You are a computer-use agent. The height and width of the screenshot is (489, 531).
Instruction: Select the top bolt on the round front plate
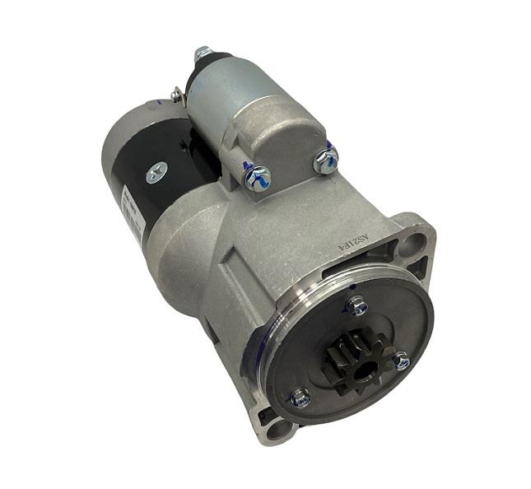pyautogui.click(x=356, y=306)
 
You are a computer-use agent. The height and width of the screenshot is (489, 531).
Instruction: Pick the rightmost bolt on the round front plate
pyautogui.click(x=401, y=360)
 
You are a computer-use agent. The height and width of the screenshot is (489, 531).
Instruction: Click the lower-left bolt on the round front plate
pyautogui.click(x=300, y=397)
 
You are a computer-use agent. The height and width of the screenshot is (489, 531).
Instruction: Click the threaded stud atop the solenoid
pyautogui.click(x=202, y=54)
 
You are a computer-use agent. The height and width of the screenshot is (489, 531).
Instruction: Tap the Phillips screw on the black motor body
pyautogui.click(x=156, y=172)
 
